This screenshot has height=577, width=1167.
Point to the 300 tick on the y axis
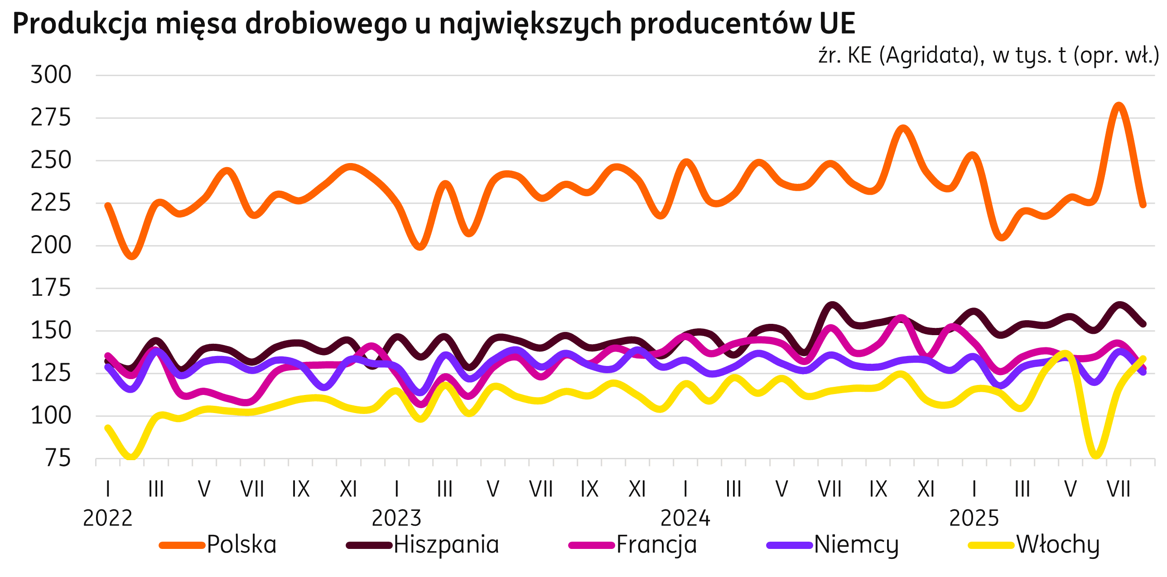(x=51, y=75)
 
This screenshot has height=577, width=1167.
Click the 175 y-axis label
(x=51, y=288)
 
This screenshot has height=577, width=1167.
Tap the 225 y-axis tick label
(x=51, y=203)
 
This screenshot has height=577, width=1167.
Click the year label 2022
(x=108, y=518)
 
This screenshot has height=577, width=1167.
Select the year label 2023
(x=396, y=518)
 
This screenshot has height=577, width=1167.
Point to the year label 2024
(x=685, y=518)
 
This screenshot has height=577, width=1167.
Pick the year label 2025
(x=974, y=518)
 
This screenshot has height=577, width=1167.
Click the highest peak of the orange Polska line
(x=1119, y=106)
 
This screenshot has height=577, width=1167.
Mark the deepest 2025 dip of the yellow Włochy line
(x=1095, y=455)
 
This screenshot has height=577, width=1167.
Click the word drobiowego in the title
(x=326, y=24)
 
